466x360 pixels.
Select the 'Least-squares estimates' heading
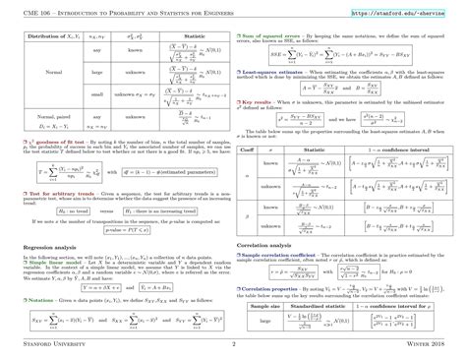pyautogui.click(x=287, y=72)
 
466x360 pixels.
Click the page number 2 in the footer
pyautogui.click(x=233, y=344)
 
